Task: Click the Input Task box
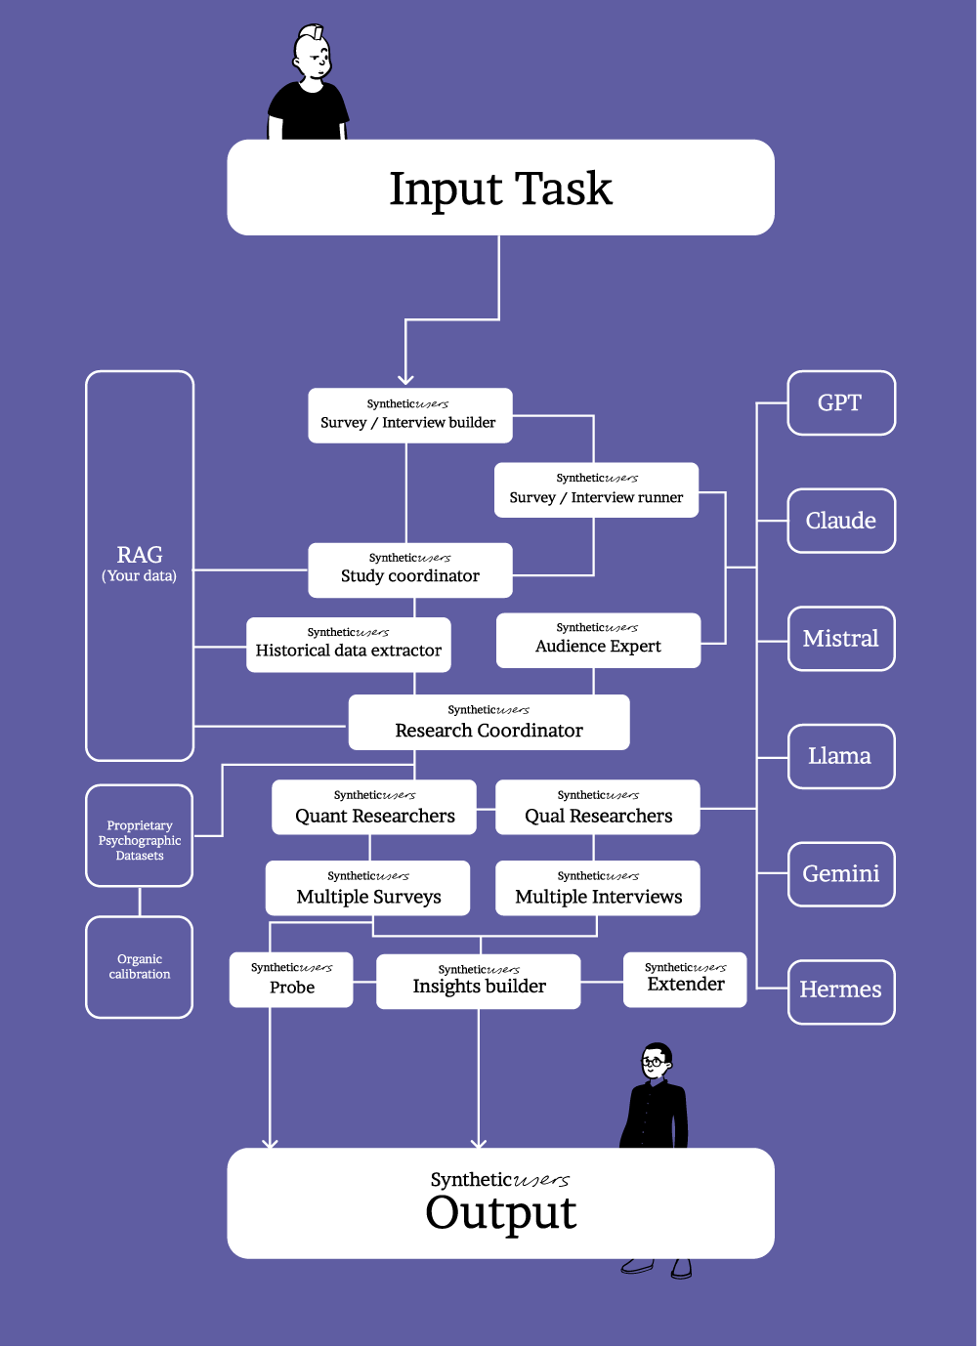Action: pos(500,188)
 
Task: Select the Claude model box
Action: pos(841,521)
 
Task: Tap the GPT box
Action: pos(841,402)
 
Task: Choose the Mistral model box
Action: pos(841,639)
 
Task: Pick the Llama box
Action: pos(841,756)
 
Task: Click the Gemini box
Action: pos(841,874)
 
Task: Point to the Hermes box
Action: pos(841,991)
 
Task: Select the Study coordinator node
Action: pos(410,569)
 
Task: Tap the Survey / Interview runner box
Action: pos(596,489)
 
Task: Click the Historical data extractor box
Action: pos(349,645)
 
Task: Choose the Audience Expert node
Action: pos(598,640)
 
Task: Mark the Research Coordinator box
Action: pos(488,723)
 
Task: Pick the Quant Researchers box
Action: pos(374,807)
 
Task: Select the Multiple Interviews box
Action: pos(598,888)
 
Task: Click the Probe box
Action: pos(291,980)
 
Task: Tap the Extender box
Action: pos(685,979)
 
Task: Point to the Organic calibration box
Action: pos(140,967)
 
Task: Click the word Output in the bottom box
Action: pos(501,1213)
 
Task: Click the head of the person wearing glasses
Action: pos(656,1060)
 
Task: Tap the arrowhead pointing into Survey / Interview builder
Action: pos(405,378)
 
